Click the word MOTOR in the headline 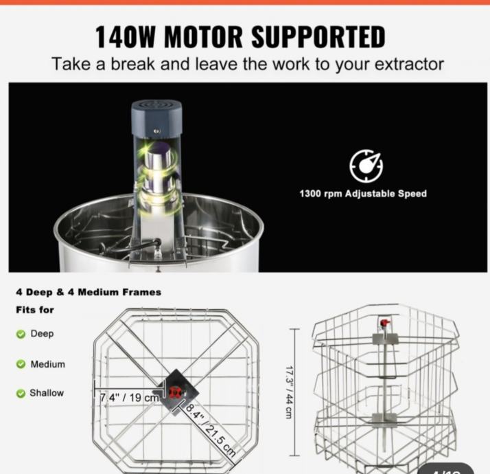203,37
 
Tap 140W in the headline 126,37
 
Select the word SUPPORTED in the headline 318,37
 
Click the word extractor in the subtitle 409,64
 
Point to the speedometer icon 366,166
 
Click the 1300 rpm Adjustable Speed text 363,194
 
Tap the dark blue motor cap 156,118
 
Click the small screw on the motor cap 157,131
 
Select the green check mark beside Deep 21,334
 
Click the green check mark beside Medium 21,364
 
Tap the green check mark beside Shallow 21,393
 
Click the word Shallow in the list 47,393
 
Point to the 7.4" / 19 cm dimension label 130,398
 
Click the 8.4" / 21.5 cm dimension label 211,430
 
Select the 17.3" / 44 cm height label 289,392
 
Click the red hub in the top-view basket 174,392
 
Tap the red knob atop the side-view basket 385,323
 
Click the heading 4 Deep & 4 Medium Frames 89,292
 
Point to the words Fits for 35,310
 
